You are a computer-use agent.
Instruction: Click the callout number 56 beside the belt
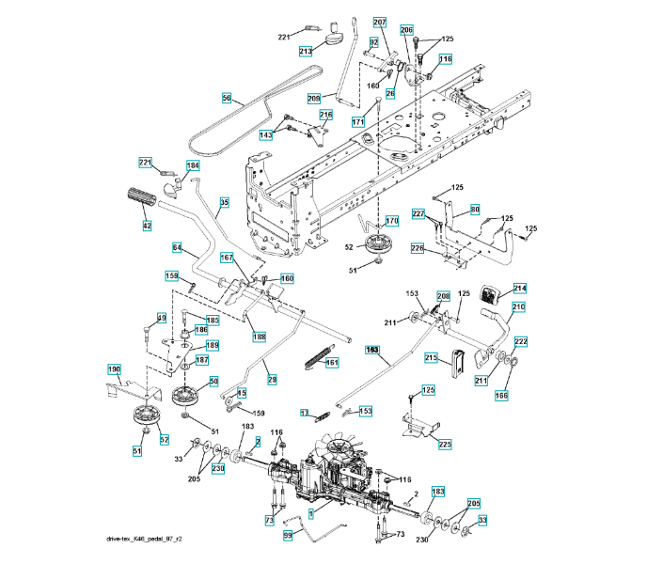227,97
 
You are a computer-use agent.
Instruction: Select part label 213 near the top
306,51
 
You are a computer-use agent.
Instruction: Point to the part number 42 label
146,226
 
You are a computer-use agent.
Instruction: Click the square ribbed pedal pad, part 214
491,292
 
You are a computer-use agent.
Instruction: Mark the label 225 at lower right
445,443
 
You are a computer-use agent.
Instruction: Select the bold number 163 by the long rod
372,349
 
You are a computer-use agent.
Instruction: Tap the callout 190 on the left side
114,369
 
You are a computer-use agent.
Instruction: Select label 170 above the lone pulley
392,221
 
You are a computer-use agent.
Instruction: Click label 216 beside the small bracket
325,116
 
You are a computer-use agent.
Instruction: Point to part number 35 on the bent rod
224,202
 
